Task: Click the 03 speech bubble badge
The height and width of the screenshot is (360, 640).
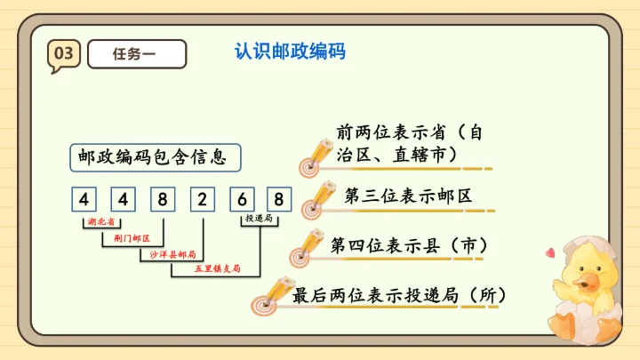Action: (x=63, y=54)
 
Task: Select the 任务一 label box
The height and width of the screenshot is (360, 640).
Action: (x=137, y=54)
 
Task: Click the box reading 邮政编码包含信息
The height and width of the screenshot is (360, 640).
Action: (x=145, y=157)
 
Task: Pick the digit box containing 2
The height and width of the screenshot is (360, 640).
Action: (x=203, y=198)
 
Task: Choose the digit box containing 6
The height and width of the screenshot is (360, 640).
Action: (x=241, y=198)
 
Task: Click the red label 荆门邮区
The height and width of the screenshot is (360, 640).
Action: (x=132, y=238)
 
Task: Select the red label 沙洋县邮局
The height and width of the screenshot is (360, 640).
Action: (x=168, y=253)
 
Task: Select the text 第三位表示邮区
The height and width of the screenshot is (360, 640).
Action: (x=408, y=196)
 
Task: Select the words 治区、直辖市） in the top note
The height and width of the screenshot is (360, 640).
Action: (x=396, y=155)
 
